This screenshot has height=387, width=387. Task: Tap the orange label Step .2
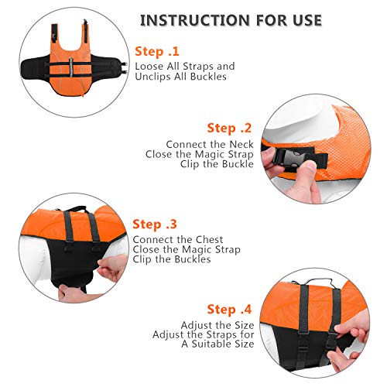(230, 128)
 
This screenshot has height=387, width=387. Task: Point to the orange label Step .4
(229, 308)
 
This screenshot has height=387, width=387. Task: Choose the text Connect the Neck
(209, 144)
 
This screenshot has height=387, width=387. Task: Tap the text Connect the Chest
(178, 239)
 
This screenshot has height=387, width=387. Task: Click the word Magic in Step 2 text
(219, 154)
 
